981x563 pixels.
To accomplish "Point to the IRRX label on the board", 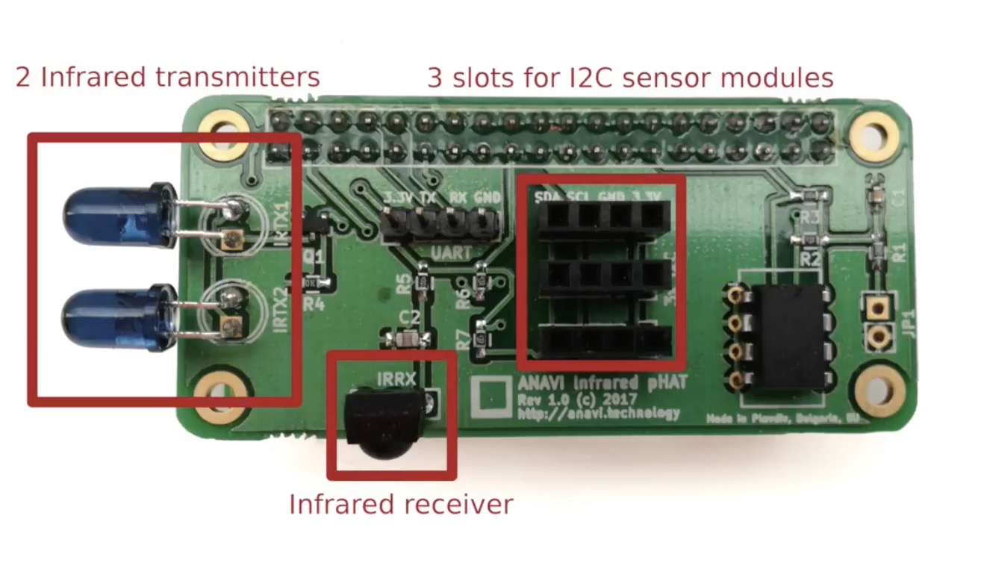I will pyautogui.click(x=396, y=379).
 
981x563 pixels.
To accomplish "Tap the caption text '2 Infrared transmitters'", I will pyautogui.click(x=167, y=77).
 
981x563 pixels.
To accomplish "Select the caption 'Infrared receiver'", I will pyautogui.click(x=401, y=505).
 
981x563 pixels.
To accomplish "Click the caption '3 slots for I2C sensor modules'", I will pyautogui.click(x=630, y=77).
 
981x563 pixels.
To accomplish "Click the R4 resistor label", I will pyautogui.click(x=314, y=305).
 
